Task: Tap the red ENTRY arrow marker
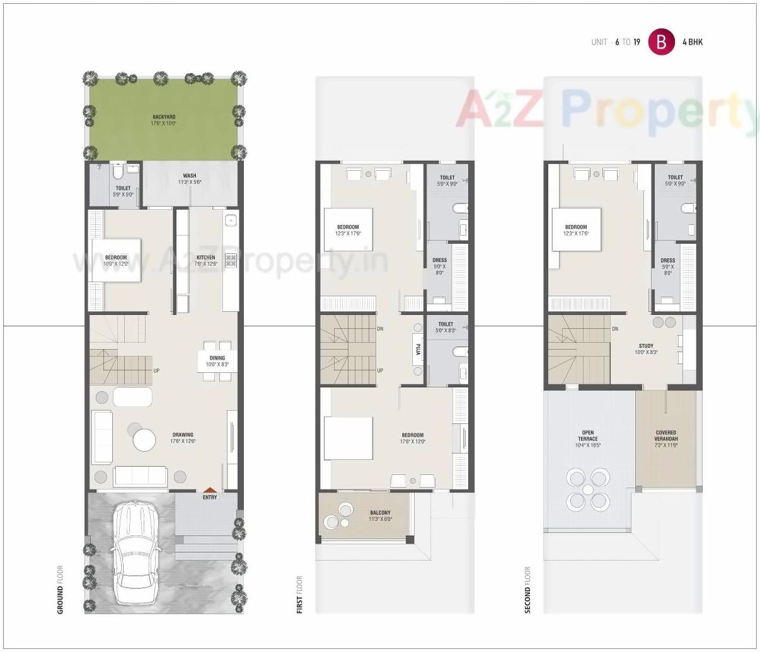pyautogui.click(x=210, y=490)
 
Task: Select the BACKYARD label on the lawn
pyautogui.click(x=164, y=117)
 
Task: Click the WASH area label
pyautogui.click(x=190, y=176)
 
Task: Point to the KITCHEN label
pyautogui.click(x=205, y=258)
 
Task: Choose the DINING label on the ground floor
pyautogui.click(x=217, y=358)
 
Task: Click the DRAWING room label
pyautogui.click(x=183, y=435)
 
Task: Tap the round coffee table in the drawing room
pyautogui.click(x=144, y=440)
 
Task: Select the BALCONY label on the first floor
pyautogui.click(x=380, y=513)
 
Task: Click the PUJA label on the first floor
pyautogui.click(x=417, y=348)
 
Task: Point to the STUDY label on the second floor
pyautogui.click(x=646, y=346)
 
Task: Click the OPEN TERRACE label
pyautogui.click(x=587, y=436)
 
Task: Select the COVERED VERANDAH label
pyautogui.click(x=665, y=436)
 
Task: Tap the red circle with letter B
pyautogui.click(x=661, y=42)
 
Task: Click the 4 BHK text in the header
pyautogui.click(x=693, y=42)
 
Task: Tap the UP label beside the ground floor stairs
pyautogui.click(x=156, y=370)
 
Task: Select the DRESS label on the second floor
pyautogui.click(x=667, y=260)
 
